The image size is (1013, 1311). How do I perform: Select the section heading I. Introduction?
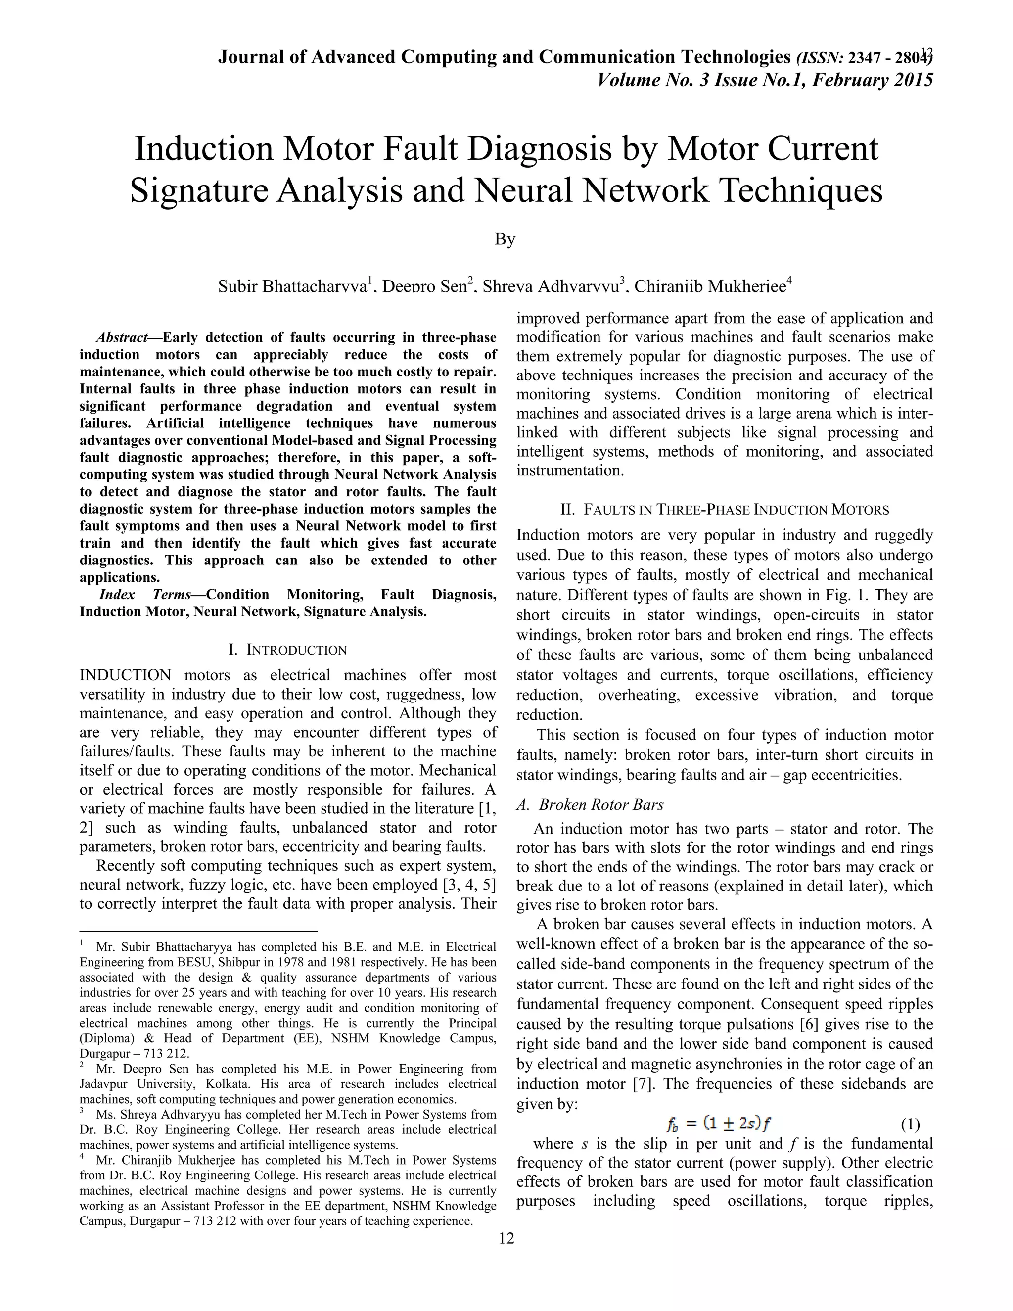coord(288,650)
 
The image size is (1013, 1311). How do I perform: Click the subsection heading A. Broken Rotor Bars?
coord(590,805)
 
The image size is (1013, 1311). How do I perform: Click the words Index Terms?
coord(144,595)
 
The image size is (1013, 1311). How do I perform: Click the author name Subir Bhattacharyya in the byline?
coord(292,286)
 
